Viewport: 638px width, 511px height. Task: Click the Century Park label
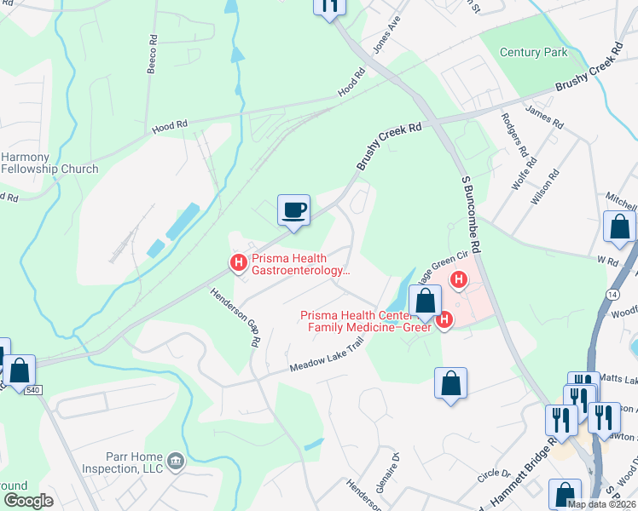pos(533,53)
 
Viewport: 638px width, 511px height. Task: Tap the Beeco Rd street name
pos(152,56)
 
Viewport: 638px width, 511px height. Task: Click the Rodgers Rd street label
pos(514,135)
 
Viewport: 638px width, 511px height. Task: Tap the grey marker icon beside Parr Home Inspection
pos(176,461)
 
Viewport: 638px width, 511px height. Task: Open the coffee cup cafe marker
pos(293,210)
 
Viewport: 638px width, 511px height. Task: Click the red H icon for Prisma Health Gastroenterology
pos(239,263)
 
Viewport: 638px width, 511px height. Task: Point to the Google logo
pos(28,500)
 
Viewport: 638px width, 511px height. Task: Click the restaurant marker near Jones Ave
pos(329,4)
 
